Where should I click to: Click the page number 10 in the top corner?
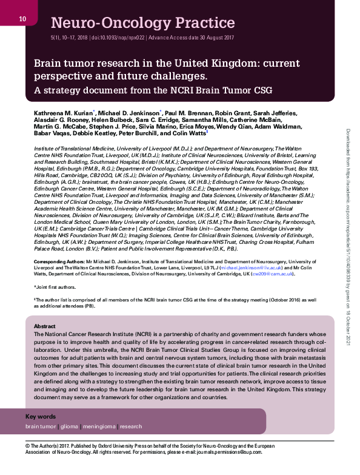[22, 19]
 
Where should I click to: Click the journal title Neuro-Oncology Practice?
[143, 24]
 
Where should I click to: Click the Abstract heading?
[45, 326]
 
